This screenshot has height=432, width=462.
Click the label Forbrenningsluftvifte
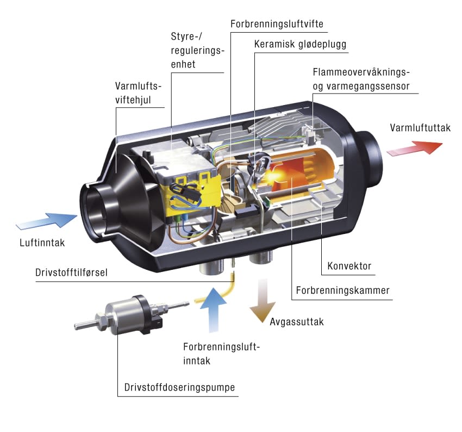277,24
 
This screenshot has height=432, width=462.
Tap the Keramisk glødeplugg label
300,44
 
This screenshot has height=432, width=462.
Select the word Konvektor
349,266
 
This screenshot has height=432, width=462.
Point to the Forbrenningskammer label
342,290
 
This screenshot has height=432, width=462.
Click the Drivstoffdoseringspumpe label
179,387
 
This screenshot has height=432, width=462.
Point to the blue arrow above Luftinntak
48,221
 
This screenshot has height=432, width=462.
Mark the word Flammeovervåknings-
361,72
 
